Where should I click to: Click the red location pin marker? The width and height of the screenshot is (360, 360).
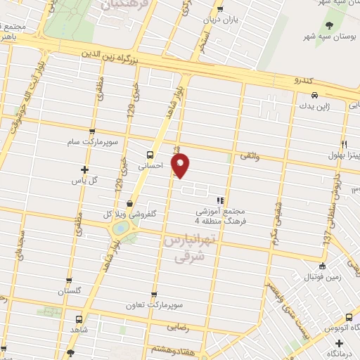point(181,165)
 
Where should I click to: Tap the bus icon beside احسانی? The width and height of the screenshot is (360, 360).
point(149,155)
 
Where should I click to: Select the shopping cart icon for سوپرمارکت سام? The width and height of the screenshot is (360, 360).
point(91,131)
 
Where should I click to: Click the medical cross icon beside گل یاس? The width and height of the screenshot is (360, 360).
point(85,169)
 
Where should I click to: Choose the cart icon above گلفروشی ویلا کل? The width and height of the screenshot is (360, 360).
point(129,203)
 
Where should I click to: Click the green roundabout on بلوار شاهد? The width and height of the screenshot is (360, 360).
point(121,228)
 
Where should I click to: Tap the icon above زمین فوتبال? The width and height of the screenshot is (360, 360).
point(322,266)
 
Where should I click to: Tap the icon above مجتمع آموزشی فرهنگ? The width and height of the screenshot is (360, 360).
point(221,200)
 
